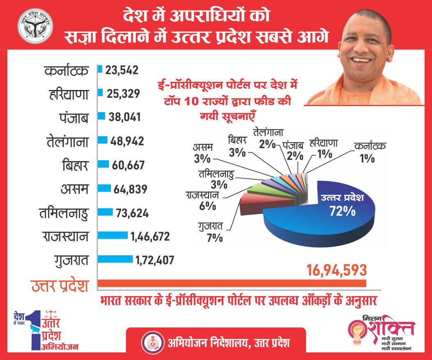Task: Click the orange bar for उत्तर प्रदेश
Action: (232, 284)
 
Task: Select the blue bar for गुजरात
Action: (115, 259)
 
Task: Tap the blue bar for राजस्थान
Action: (113, 235)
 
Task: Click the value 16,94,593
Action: (336, 270)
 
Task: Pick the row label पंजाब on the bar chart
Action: (74, 118)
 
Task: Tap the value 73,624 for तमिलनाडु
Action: (130, 213)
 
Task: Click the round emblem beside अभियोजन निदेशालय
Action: (151, 342)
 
